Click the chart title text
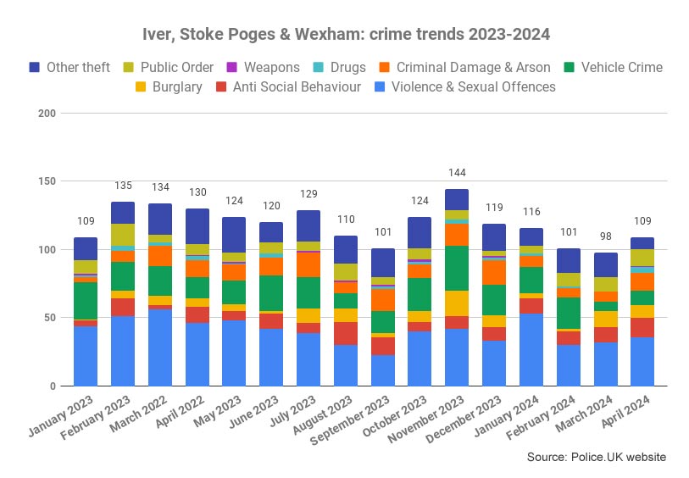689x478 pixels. point(345,35)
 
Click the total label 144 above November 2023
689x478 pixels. point(457,173)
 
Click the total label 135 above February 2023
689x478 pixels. point(123,186)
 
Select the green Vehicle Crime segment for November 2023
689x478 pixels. point(457,268)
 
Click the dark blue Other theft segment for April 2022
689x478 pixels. point(197,226)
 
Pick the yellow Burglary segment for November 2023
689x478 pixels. point(457,303)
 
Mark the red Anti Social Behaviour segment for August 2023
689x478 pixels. point(345,333)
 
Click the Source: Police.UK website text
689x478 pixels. point(597,457)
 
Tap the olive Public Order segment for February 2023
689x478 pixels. point(123,235)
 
